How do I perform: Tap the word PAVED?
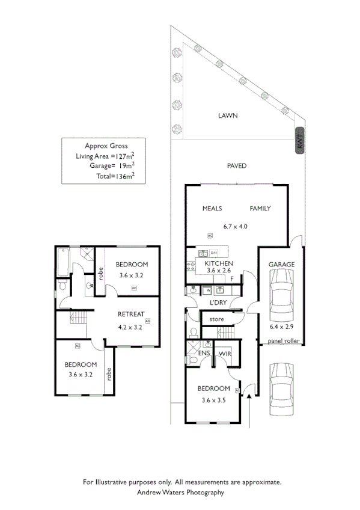(236, 165)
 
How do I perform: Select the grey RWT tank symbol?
(301, 141)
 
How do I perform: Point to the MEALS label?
(212, 209)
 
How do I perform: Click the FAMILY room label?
(260, 209)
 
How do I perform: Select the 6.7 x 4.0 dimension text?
(235, 227)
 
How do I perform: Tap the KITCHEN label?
(219, 264)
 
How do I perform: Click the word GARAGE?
(281, 264)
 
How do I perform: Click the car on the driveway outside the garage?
(281, 387)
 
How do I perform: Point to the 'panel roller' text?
(284, 342)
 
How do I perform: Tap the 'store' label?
(217, 319)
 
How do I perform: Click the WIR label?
(225, 354)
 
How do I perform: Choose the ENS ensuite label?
(203, 354)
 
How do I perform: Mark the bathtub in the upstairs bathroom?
(62, 262)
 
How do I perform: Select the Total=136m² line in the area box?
(115, 176)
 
